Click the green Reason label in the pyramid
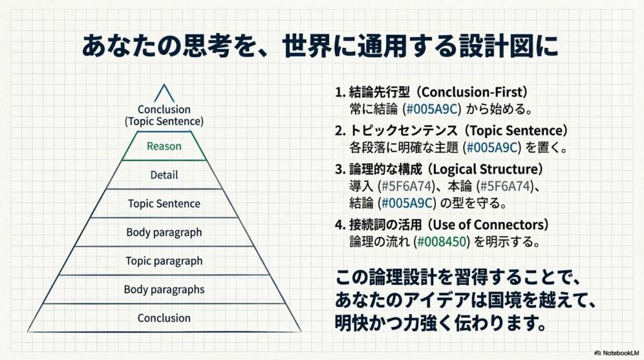(x=164, y=146)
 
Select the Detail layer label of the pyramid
(x=164, y=175)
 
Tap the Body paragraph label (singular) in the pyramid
(x=164, y=233)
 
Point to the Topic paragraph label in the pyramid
(x=164, y=261)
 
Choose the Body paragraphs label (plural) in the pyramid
(x=164, y=290)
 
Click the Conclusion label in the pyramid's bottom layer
(x=164, y=318)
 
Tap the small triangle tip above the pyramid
(x=164, y=85)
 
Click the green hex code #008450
(x=441, y=241)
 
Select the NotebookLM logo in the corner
(x=616, y=353)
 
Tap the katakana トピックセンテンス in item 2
(x=403, y=130)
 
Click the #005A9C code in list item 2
(x=492, y=147)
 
